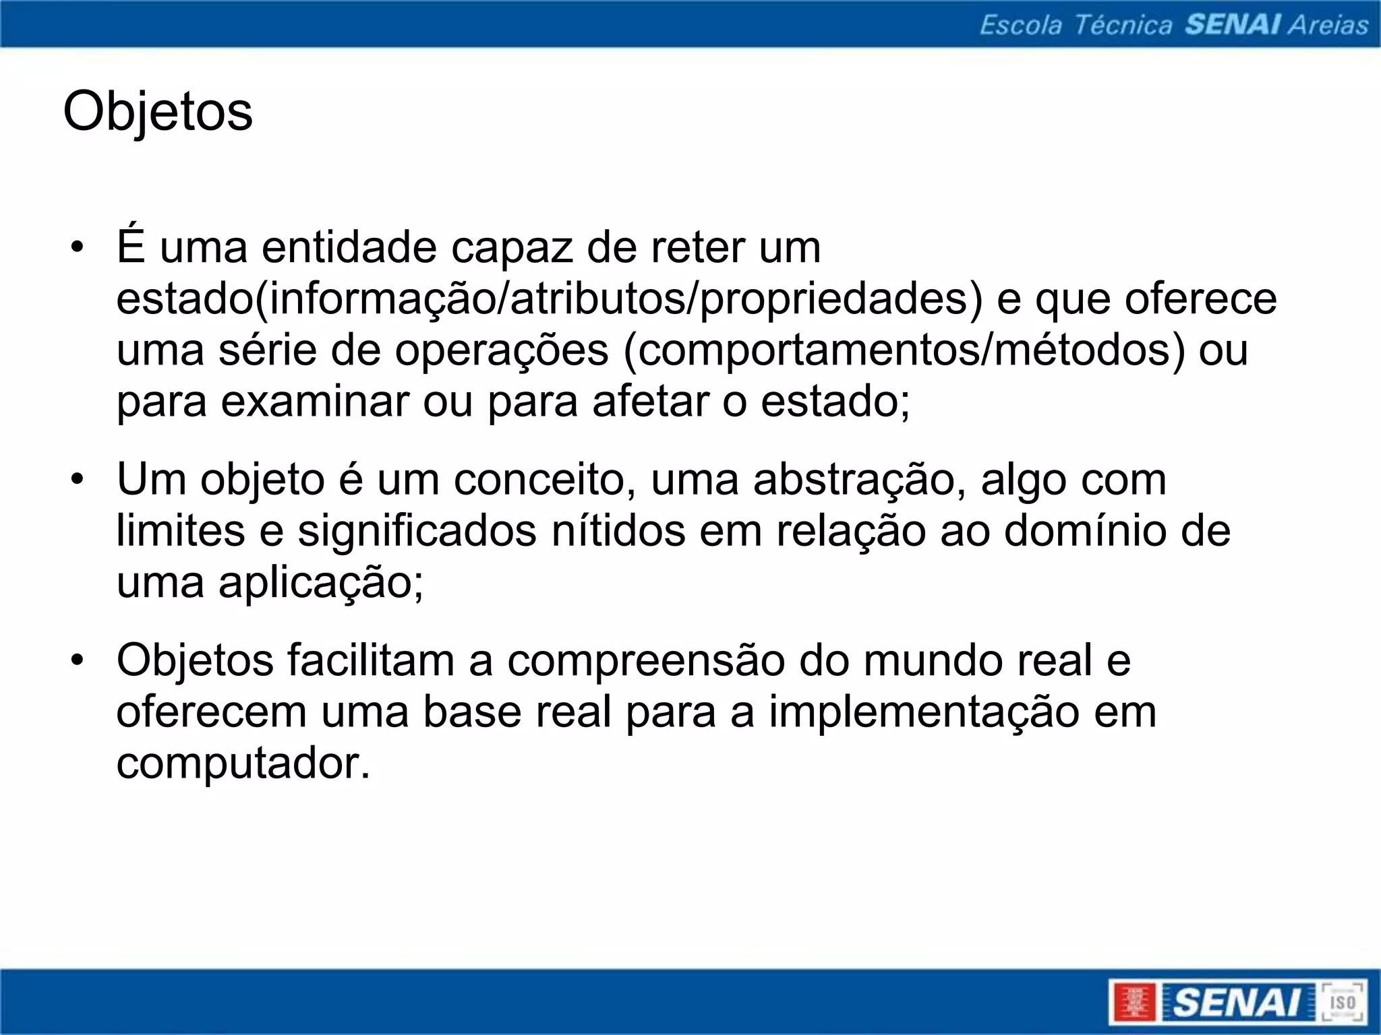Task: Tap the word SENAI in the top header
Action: coord(1233,25)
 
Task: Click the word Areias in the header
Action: coord(1328,25)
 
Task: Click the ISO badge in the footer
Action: coord(1343,1001)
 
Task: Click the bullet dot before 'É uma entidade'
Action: coord(78,247)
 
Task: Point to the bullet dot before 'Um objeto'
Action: coord(78,480)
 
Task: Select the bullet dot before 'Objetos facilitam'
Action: coord(78,660)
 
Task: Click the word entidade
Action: coord(349,247)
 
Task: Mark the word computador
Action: coord(243,764)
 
